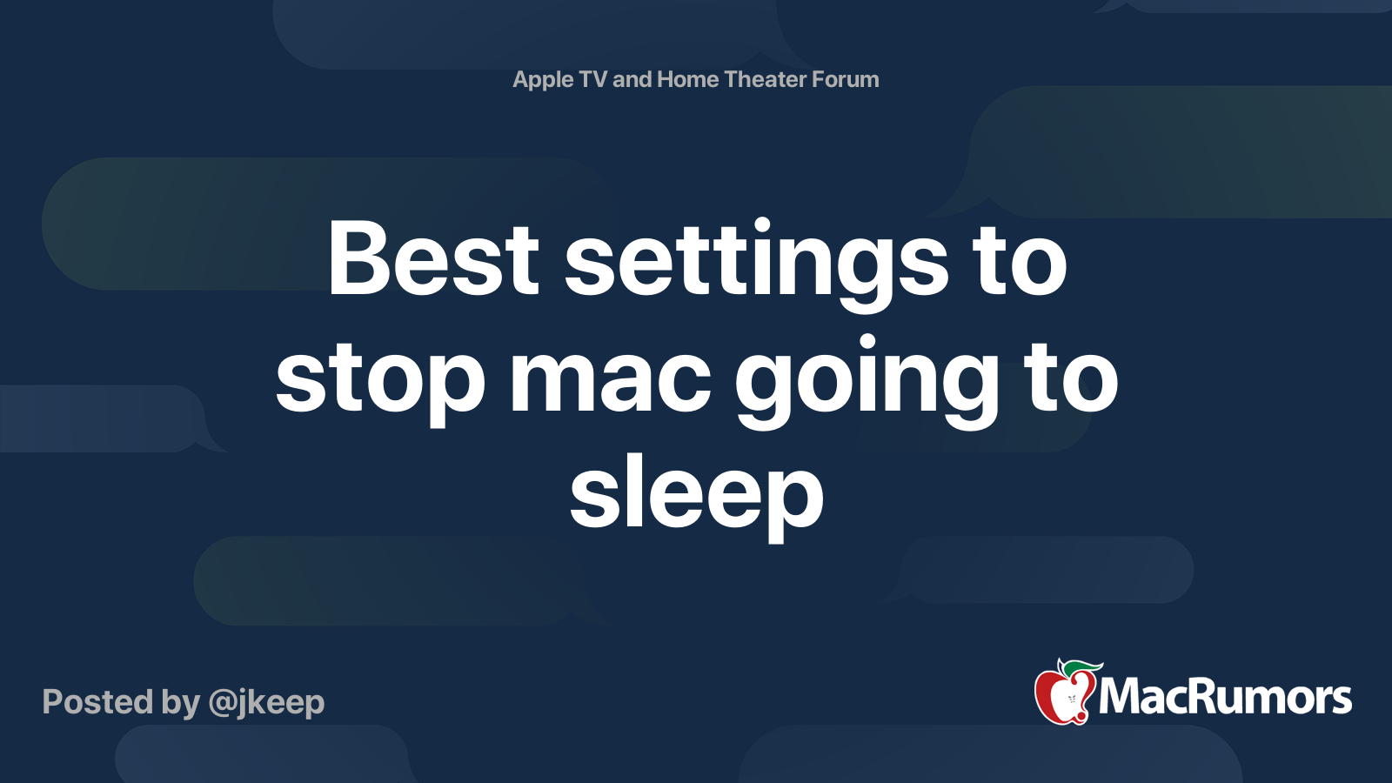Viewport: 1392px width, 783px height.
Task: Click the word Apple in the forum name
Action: point(543,80)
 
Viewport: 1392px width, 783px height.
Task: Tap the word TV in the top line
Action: point(592,79)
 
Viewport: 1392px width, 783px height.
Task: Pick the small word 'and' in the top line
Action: point(632,79)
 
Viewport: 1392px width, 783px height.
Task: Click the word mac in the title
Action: point(610,379)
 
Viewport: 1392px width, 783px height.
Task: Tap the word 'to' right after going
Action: point(1071,379)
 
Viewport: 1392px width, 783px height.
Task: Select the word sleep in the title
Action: point(696,496)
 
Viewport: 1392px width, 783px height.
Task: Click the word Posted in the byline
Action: point(97,702)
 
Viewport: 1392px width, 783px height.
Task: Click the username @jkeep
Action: point(266,703)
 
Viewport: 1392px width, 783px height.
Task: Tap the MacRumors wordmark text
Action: point(1225,698)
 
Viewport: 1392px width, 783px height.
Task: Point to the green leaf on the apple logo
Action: point(1081,667)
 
